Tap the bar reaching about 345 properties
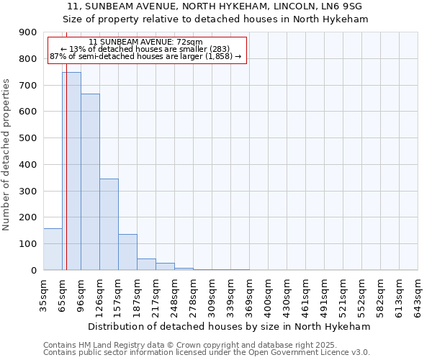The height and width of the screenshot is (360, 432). point(109,224)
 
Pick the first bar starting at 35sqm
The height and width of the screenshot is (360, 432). point(53,249)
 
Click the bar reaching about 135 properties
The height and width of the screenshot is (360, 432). point(127,252)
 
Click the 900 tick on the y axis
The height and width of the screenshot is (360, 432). point(29,32)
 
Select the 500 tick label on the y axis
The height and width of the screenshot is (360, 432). point(29,138)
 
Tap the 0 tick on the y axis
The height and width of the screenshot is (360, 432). point(34,270)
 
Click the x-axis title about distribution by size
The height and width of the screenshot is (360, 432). point(230,326)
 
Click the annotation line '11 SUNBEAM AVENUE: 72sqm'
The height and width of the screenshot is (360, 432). point(146,42)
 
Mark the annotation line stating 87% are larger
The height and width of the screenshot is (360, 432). point(145,56)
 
